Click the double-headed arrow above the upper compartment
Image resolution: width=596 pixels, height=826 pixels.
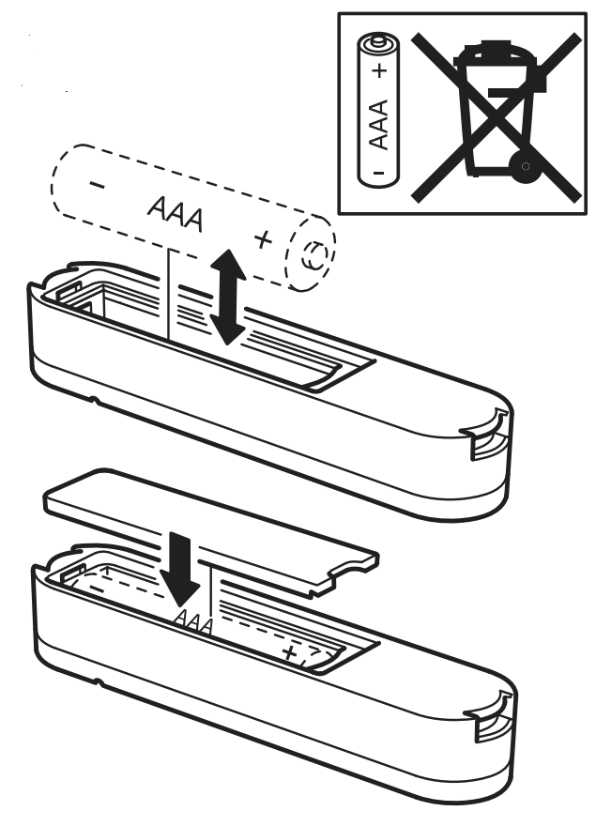[x=227, y=298]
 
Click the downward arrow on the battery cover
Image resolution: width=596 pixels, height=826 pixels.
[x=179, y=567]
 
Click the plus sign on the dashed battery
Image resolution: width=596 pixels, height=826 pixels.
[x=264, y=240]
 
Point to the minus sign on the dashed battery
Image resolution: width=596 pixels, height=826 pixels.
[x=97, y=184]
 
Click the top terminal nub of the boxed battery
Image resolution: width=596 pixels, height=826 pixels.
[x=377, y=40]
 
